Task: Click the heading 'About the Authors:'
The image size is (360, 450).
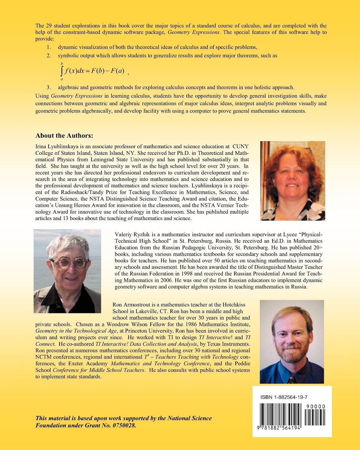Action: point(64,136)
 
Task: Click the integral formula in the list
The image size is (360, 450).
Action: point(92,71)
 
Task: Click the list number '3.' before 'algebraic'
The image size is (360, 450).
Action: point(49,88)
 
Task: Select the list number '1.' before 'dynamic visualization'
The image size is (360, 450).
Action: point(49,47)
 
